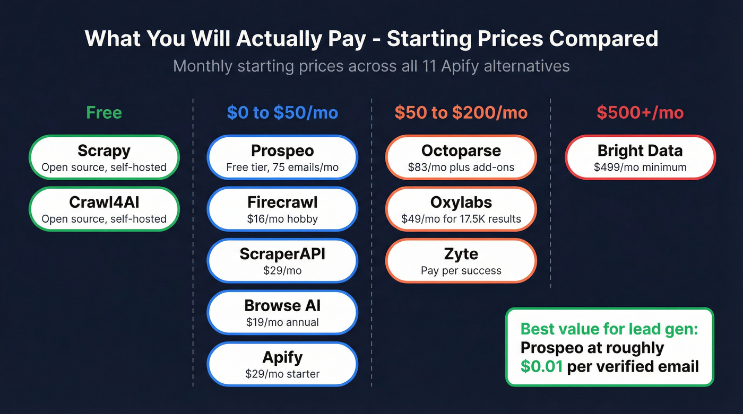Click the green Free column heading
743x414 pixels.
coord(104,113)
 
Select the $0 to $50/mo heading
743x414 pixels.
coord(282,113)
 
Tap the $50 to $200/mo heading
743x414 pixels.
coord(461,113)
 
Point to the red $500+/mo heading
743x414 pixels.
coord(640,113)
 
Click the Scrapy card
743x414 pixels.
coord(104,157)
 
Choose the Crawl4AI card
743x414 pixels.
coord(104,209)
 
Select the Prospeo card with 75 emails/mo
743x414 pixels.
coord(282,157)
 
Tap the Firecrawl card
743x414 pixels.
coord(282,209)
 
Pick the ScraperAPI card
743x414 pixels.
coord(282,261)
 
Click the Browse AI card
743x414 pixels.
coord(282,312)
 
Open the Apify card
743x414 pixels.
coord(282,364)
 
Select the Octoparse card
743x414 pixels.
coord(461,157)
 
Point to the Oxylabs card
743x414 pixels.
coord(461,209)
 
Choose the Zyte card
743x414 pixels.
coord(461,261)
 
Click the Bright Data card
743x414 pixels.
coord(640,157)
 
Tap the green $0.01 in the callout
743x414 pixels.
coord(541,366)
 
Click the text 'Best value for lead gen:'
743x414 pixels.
coord(609,329)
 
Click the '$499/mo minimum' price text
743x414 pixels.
coord(640,168)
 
